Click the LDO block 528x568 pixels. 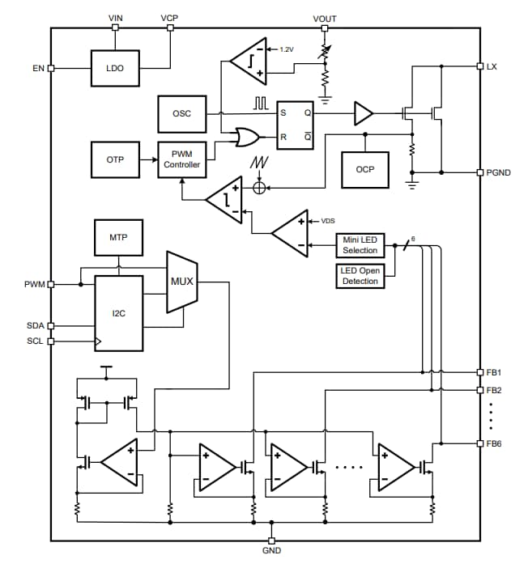[115, 69]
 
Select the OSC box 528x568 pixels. [182, 113]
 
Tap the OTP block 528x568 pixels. [115, 159]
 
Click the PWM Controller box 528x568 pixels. [182, 159]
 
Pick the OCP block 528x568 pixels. [364, 170]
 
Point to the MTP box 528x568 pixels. [118, 237]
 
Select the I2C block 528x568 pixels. [119, 314]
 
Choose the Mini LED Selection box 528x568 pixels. [360, 245]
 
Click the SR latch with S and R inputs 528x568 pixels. [295, 125]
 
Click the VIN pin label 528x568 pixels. [115, 17]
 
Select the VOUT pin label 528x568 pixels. [324, 18]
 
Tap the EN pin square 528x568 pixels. [52, 69]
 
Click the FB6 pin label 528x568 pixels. [494, 443]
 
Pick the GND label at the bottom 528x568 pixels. [271, 551]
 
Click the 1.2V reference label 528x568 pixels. [287, 49]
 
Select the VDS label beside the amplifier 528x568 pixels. [328, 220]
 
